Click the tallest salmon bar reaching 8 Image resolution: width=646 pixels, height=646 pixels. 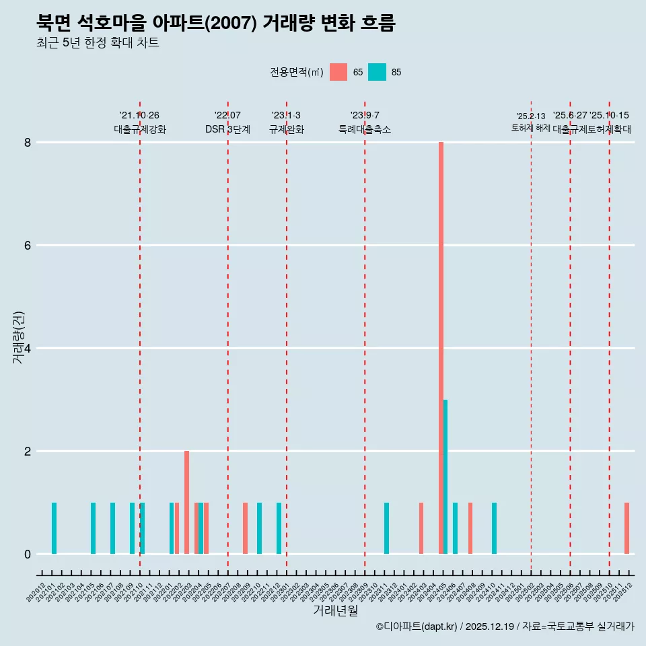tap(441, 348)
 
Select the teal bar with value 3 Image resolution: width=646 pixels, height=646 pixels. tap(445, 476)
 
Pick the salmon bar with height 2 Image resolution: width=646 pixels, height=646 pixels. tap(186, 502)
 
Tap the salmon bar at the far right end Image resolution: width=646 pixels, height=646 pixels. tap(626, 528)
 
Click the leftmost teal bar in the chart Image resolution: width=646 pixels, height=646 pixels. tap(54, 528)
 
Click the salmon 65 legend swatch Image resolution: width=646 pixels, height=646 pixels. tap(338, 72)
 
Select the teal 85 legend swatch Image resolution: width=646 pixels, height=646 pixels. tap(378, 72)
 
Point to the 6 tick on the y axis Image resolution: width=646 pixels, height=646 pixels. tap(28, 246)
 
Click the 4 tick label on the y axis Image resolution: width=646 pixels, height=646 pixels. tap(28, 349)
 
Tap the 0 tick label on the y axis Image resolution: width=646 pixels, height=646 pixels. tap(28, 554)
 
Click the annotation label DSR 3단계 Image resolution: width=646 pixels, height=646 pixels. tap(227, 129)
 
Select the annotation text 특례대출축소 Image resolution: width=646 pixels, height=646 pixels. tap(364, 129)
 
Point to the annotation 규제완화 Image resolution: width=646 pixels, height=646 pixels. tap(287, 129)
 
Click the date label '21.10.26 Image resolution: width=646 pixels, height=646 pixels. tap(139, 116)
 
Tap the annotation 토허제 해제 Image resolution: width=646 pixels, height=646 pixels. tap(531, 128)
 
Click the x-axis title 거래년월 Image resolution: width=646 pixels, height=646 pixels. tap(335, 610)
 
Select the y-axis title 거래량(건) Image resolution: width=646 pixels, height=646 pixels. tap(19, 338)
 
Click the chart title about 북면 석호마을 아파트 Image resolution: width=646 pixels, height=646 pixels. tap(215, 23)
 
